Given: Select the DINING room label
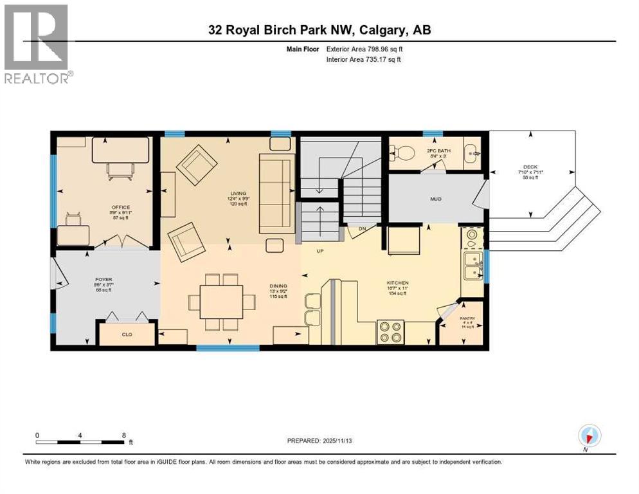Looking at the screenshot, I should click(x=278, y=286).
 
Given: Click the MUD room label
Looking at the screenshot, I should click(x=436, y=199).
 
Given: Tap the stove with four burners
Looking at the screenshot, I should click(x=390, y=332).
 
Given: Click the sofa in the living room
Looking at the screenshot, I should click(x=276, y=193).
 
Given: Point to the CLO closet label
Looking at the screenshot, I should click(x=127, y=334).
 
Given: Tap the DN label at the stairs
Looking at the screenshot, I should click(x=361, y=228).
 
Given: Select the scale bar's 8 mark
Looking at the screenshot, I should click(x=123, y=435).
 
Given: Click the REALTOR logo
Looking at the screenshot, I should click(x=38, y=43).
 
